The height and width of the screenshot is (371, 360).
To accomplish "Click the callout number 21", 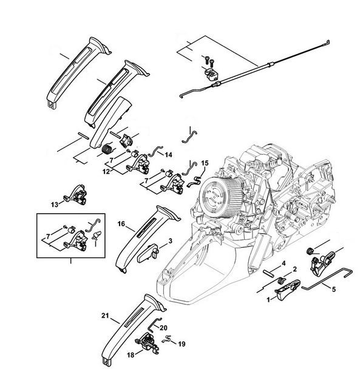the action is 105,316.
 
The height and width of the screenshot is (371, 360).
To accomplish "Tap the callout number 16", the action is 121,224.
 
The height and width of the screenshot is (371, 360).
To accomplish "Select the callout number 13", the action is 55,205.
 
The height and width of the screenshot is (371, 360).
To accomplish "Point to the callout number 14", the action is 168,155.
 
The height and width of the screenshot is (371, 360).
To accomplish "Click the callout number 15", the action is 205,163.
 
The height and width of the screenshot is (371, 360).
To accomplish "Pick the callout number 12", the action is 106,172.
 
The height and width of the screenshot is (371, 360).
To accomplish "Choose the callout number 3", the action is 171,241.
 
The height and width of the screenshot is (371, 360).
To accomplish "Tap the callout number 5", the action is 334,290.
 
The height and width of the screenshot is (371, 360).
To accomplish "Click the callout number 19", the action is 182,344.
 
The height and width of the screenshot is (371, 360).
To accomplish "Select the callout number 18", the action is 131,355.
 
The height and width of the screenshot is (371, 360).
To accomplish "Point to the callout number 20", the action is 163,328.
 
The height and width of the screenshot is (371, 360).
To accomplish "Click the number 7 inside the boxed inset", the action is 48,236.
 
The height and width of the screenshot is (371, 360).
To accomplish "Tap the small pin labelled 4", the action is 269,274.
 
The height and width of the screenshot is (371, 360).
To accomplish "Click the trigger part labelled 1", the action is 287,289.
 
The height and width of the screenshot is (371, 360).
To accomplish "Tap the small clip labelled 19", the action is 167,339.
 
